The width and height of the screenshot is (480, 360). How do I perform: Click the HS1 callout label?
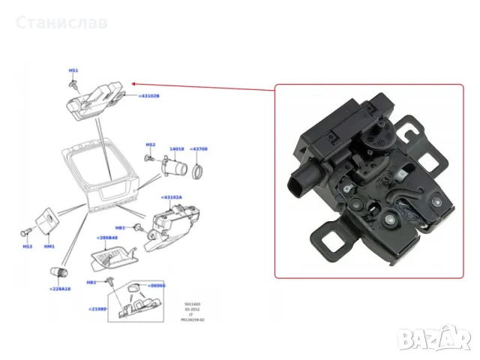73,70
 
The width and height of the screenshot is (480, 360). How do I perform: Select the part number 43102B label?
148,96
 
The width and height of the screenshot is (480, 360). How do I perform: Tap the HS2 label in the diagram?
150,144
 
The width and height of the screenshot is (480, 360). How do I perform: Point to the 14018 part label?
177,149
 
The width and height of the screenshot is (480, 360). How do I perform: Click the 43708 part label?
199,149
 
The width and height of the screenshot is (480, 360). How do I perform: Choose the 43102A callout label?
171,197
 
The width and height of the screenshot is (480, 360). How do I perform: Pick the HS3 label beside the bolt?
28,245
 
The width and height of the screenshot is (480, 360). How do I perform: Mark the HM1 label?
49,245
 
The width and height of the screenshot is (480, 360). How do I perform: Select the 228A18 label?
60,289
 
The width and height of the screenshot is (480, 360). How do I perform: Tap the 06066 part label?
157,285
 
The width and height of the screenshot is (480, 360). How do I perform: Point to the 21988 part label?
98,308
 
